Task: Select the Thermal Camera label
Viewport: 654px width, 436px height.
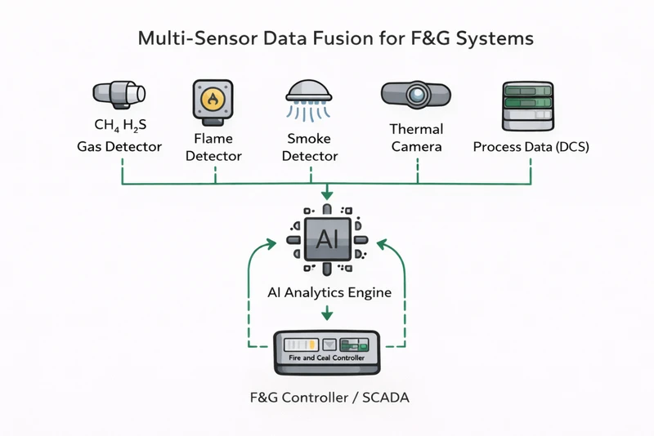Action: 417,138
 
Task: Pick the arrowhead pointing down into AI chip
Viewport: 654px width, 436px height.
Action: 327,195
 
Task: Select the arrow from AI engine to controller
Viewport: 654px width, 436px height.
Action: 327,313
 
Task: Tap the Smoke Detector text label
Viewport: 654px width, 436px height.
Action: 309,147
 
